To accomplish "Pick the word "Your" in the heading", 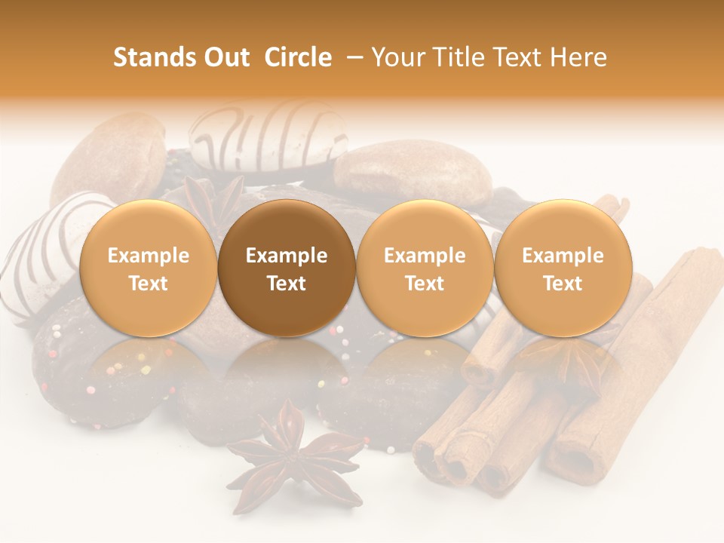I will coord(397,57).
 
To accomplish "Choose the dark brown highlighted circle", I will coord(287,268).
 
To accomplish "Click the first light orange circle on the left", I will coord(149,268).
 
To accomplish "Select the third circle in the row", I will coord(425,268).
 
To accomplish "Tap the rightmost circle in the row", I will coord(563,268).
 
